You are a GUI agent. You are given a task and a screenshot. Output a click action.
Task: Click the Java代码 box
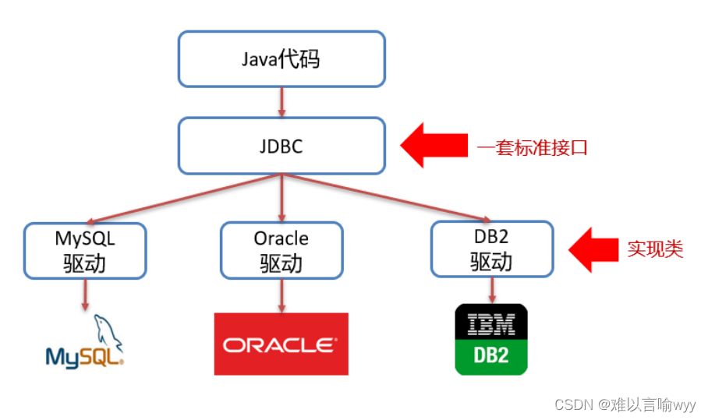pyautogui.click(x=281, y=59)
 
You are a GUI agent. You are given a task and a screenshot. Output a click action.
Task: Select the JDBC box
pyautogui.click(x=281, y=146)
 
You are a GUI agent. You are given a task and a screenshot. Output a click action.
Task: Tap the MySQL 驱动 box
pyautogui.click(x=85, y=251)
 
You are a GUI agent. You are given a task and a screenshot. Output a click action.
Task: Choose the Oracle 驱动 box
pyautogui.click(x=281, y=251)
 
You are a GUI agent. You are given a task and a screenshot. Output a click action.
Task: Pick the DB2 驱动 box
pyautogui.click(x=492, y=249)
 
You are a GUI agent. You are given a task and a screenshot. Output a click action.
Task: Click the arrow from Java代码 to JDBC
pyautogui.click(x=281, y=102)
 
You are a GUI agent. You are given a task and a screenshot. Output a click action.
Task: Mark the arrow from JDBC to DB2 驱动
pyautogui.click(x=386, y=199)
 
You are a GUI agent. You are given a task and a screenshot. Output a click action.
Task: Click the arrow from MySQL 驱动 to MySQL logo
pyautogui.click(x=85, y=295)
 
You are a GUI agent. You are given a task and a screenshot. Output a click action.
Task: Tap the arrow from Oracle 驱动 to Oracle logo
pyautogui.click(x=281, y=295)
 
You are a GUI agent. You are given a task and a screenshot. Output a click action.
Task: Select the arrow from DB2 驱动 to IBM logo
pyautogui.click(x=492, y=290)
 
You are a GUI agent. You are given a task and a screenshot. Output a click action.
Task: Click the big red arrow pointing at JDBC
pyautogui.click(x=432, y=145)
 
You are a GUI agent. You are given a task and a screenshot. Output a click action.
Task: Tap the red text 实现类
pyautogui.click(x=655, y=249)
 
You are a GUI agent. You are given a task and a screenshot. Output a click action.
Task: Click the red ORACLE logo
pyautogui.click(x=281, y=344)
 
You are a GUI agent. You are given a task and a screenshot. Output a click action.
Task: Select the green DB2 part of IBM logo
pyautogui.click(x=491, y=356)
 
